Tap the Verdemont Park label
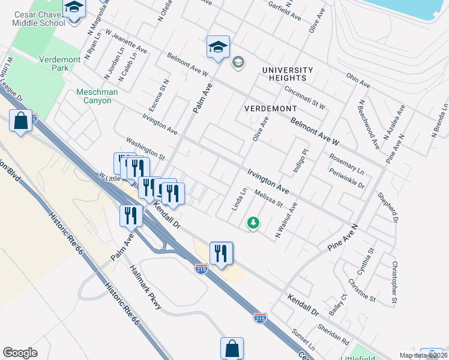(x=59, y=64)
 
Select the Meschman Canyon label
(x=94, y=96)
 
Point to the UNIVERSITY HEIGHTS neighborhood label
(x=288, y=74)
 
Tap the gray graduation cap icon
(x=238, y=62)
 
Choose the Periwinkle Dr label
(x=346, y=177)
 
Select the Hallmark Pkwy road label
(x=146, y=287)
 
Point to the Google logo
(x=20, y=353)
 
